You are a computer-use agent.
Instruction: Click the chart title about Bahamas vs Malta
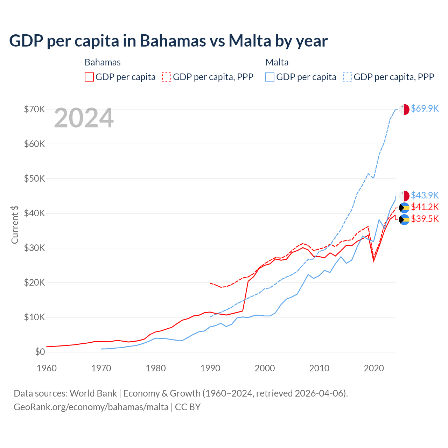(x=168, y=41)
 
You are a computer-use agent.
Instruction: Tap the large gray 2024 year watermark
(x=84, y=118)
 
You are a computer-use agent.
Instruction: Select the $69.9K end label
(x=425, y=108)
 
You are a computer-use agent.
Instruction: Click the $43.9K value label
(x=425, y=195)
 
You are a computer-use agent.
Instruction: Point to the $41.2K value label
(x=425, y=207)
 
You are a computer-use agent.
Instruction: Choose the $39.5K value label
(x=425, y=219)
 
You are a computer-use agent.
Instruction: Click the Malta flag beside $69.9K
(x=404, y=109)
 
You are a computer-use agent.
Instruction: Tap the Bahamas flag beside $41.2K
(x=404, y=208)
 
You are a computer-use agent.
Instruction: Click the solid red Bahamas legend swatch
(x=89, y=77)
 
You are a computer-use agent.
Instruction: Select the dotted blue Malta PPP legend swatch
(x=348, y=77)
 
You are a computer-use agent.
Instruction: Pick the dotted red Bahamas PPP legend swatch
(x=167, y=77)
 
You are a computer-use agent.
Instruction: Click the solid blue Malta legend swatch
(x=270, y=77)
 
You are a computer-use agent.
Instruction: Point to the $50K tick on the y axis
(x=34, y=178)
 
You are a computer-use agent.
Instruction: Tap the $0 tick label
(x=40, y=352)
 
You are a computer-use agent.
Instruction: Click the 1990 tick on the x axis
(x=210, y=368)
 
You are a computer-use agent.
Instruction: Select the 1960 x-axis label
(x=47, y=368)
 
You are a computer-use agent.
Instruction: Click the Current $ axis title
(x=15, y=224)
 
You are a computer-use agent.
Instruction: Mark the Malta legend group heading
(x=277, y=62)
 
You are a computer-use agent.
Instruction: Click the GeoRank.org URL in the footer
(x=91, y=407)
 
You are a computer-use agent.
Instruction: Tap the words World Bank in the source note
(x=93, y=393)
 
